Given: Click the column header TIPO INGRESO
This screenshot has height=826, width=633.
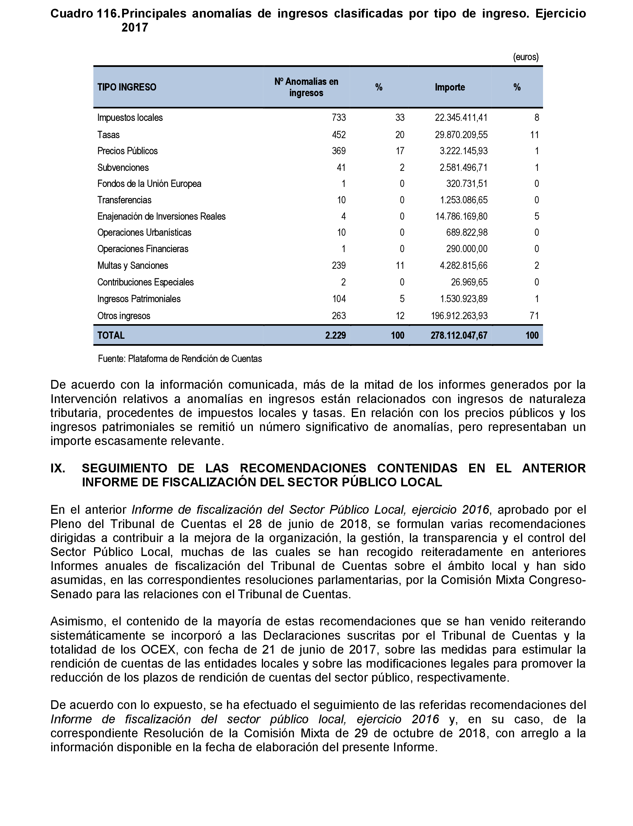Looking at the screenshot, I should [x=127, y=87].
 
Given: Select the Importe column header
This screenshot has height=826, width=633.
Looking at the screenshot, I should [x=450, y=87].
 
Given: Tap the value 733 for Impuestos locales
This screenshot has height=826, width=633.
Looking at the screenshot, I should [x=338, y=118].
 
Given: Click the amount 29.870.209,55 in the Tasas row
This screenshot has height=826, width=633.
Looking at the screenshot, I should [x=461, y=135].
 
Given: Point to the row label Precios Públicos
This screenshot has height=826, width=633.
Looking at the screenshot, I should [x=127, y=151].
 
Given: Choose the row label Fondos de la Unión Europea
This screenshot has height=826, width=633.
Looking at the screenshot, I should [x=149, y=184].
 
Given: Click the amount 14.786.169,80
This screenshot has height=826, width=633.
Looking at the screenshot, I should [x=461, y=216].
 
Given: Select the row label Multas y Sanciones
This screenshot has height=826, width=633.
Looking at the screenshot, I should [x=133, y=266].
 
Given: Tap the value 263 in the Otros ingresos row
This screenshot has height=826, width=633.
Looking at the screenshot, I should [x=338, y=316].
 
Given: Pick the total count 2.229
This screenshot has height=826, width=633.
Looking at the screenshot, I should [x=335, y=335].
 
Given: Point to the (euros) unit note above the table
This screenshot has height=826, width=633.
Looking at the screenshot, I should [x=526, y=57].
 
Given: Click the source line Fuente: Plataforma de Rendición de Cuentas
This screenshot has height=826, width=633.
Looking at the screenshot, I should [x=180, y=359].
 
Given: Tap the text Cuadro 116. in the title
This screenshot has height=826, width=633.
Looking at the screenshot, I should [x=85, y=14].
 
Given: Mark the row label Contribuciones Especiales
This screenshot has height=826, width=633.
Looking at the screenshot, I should [x=145, y=282].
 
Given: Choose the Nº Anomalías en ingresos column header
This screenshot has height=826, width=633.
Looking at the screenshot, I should [x=306, y=87].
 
